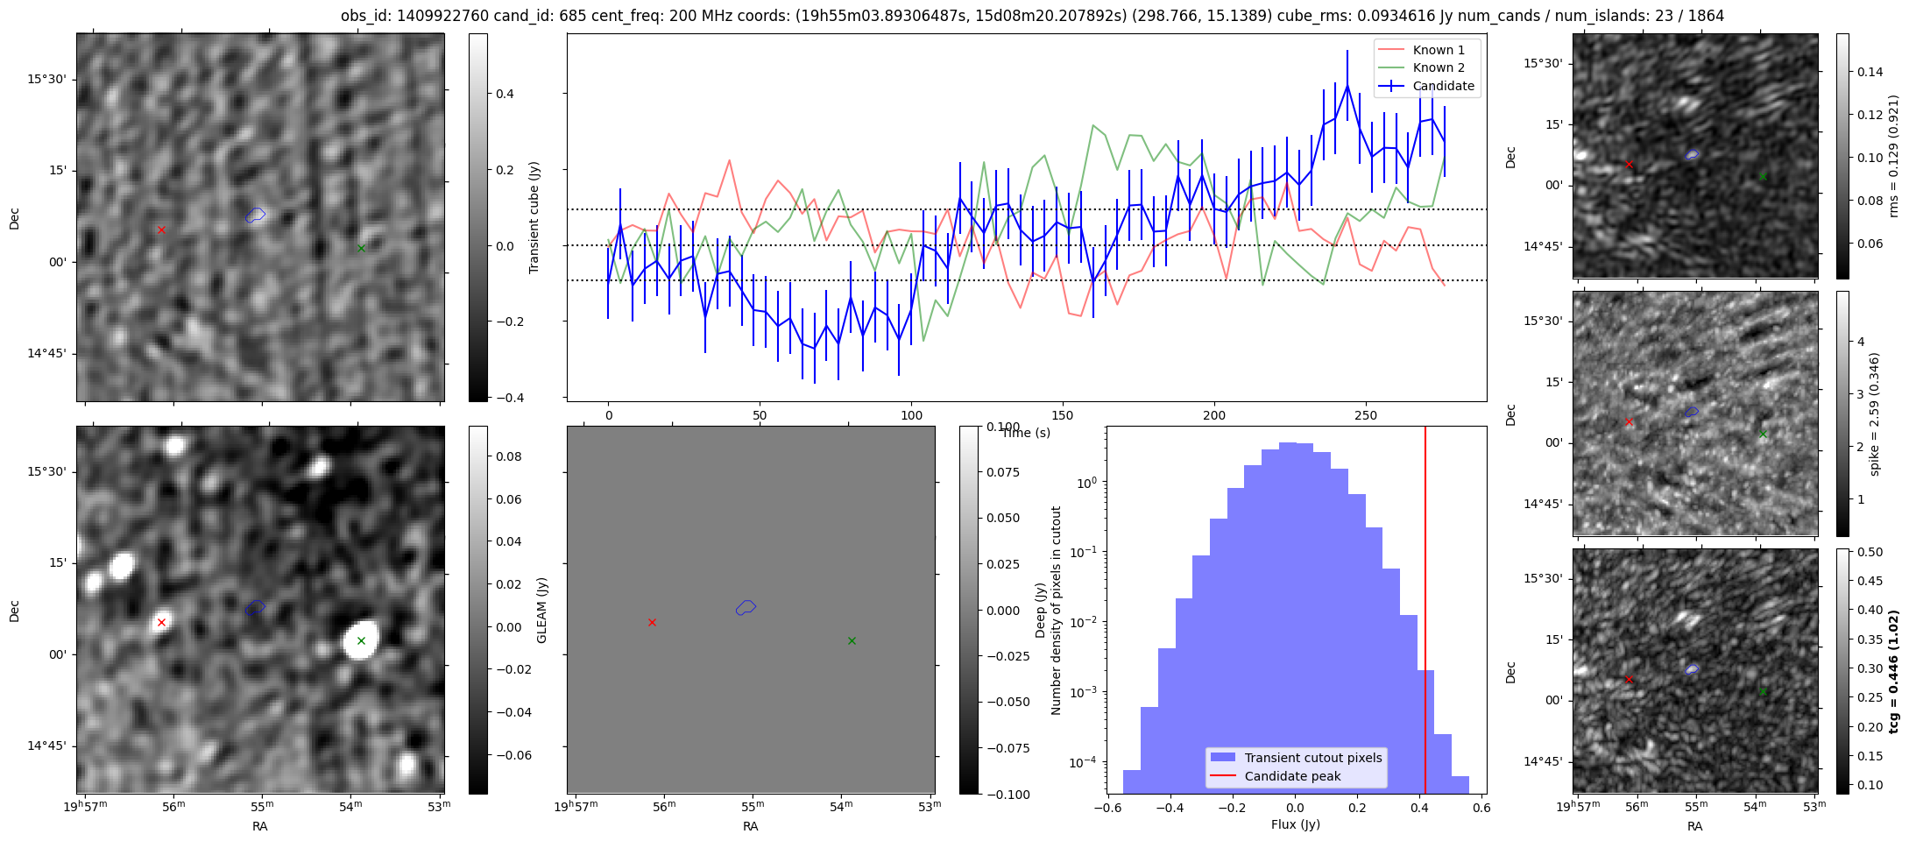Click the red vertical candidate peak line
[1425, 613]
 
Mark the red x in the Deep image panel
[161, 623]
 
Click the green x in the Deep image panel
[361, 641]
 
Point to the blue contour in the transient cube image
[255, 215]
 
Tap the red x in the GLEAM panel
[652, 623]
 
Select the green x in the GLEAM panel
[852, 641]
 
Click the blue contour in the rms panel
[1692, 154]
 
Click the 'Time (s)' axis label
[1026, 433]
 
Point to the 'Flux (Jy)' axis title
[1295, 824]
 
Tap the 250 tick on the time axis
[1365, 415]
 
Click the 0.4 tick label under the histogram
[1418, 808]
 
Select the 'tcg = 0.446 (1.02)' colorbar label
[1893, 672]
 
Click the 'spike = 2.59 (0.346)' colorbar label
[1875, 414]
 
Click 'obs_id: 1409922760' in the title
[415, 16]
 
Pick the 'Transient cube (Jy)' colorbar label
[534, 217]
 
